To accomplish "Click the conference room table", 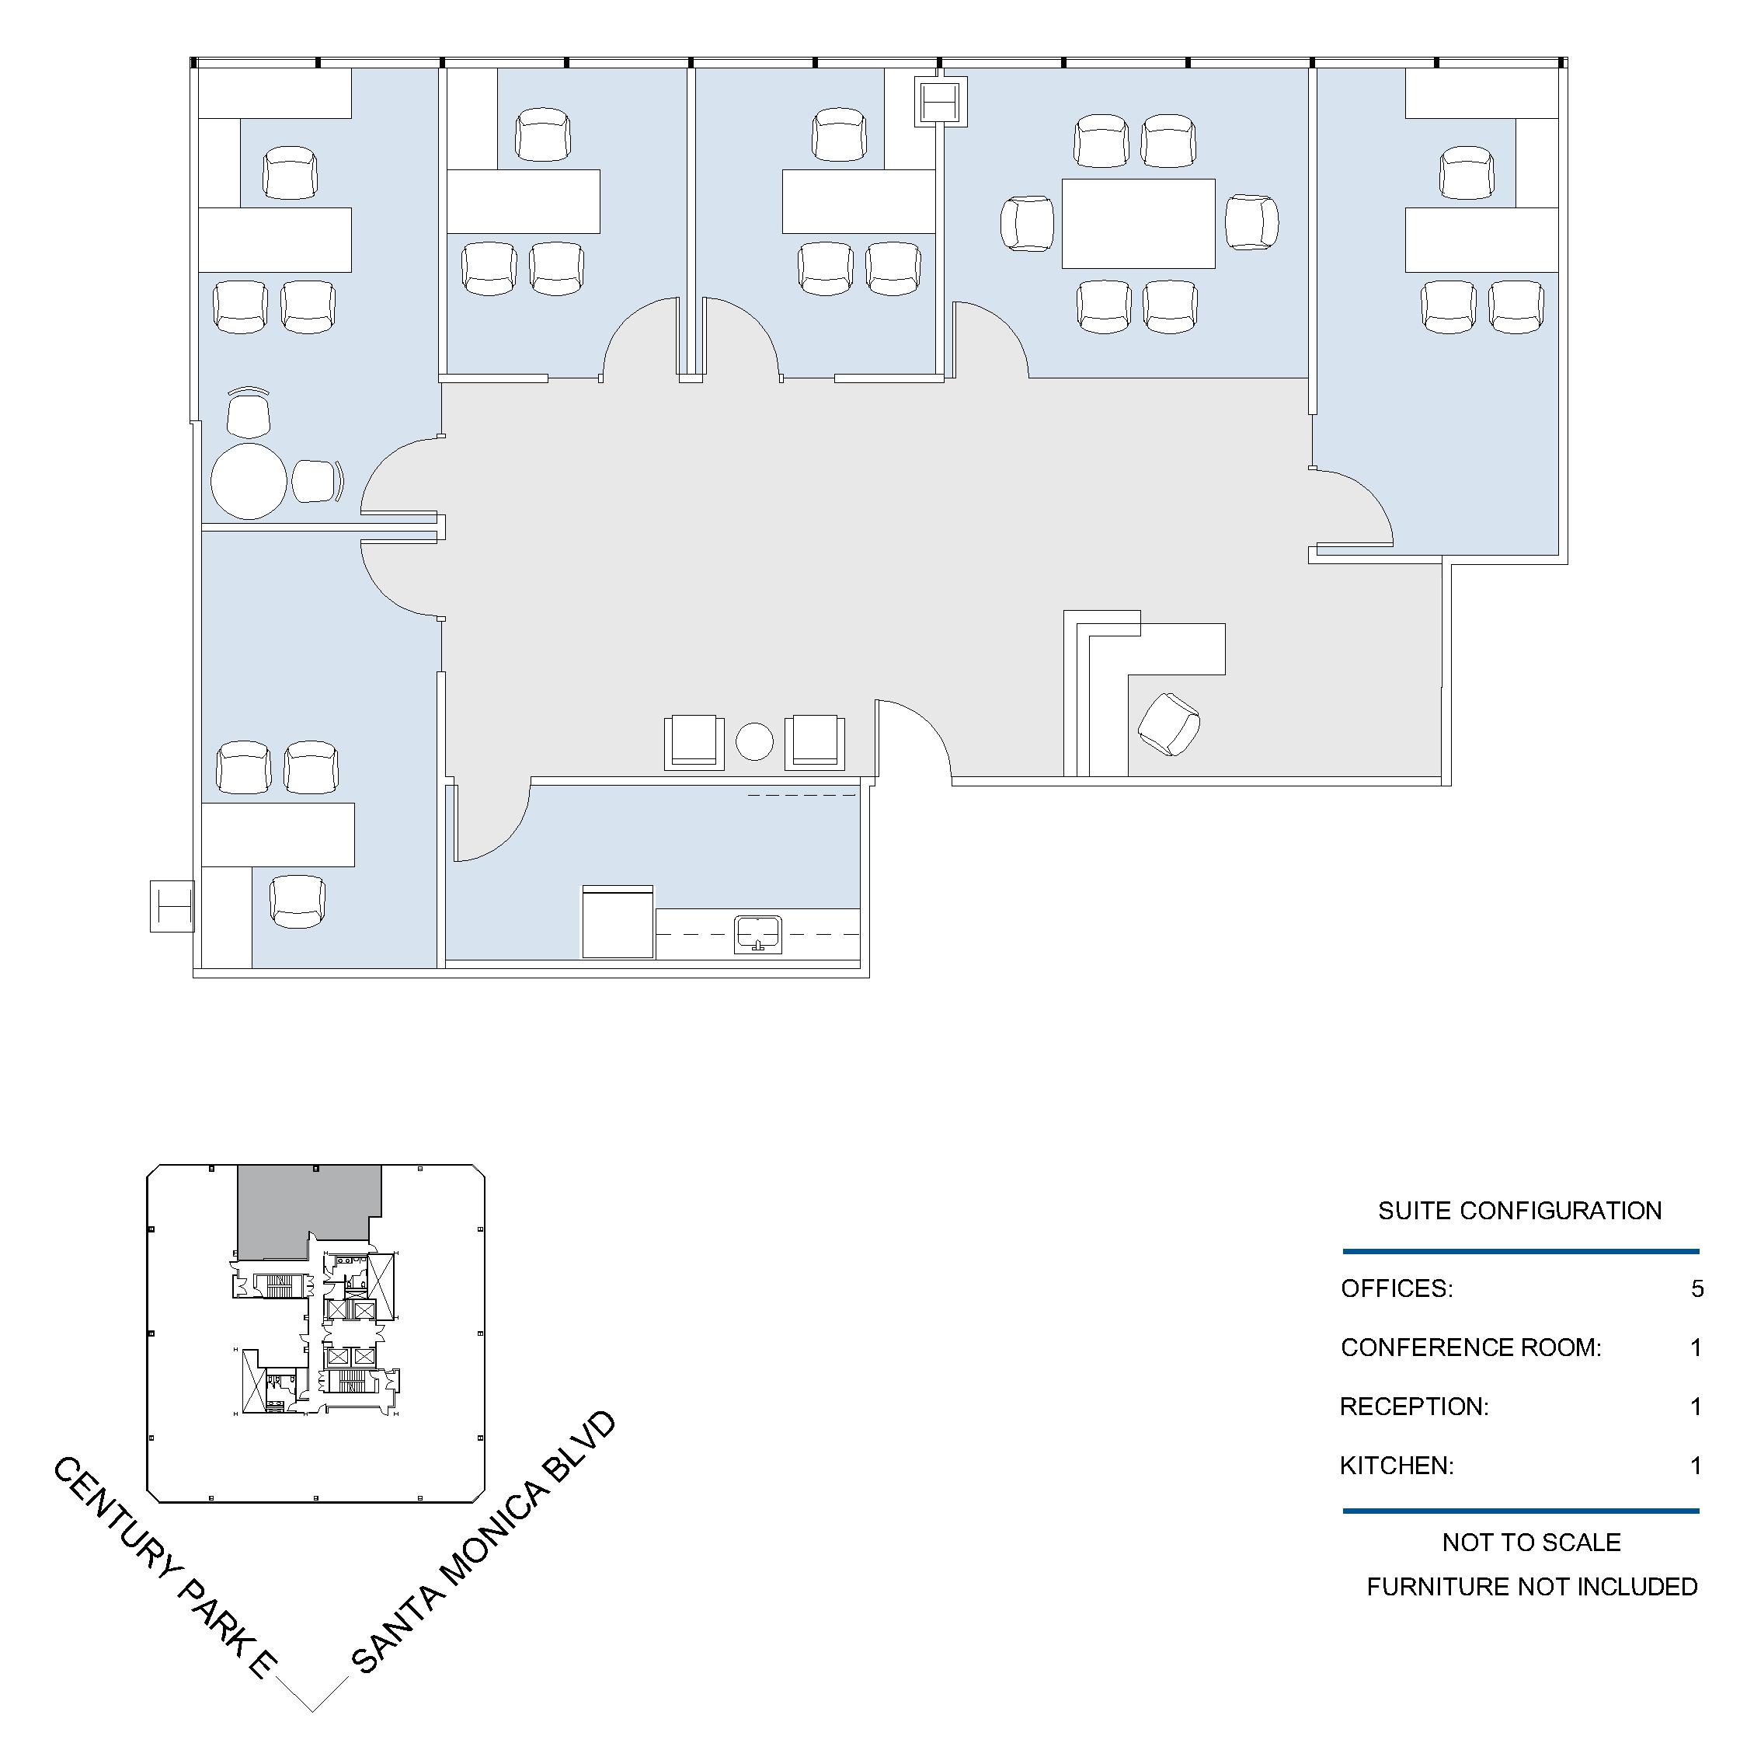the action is pyautogui.click(x=1138, y=223).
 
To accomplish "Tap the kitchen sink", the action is pyautogui.click(x=757, y=934).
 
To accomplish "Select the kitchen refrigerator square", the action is pyautogui.click(x=618, y=921).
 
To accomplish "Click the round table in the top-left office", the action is pyautogui.click(x=249, y=481).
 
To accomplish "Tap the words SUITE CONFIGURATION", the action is pyautogui.click(x=1520, y=1211).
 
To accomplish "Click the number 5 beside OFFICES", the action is pyautogui.click(x=1697, y=1288).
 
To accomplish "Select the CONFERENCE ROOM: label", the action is pyautogui.click(x=1471, y=1347).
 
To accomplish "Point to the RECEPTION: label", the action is pyautogui.click(x=1414, y=1406).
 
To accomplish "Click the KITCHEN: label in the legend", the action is pyautogui.click(x=1397, y=1465).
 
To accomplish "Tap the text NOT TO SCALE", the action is pyautogui.click(x=1532, y=1542).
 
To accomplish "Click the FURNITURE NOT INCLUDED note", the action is pyautogui.click(x=1532, y=1586).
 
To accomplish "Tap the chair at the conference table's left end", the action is pyautogui.click(x=1028, y=224).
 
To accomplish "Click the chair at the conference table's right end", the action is pyautogui.click(x=1252, y=222).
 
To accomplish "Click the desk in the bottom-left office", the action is pyautogui.click(x=277, y=835).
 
